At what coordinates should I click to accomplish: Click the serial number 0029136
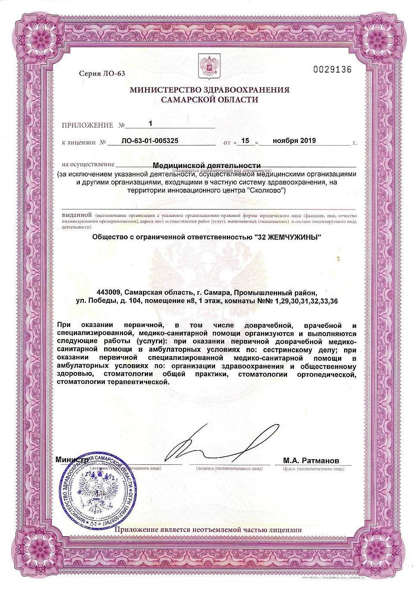pos(332,69)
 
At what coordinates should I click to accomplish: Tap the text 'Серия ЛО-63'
pos(102,73)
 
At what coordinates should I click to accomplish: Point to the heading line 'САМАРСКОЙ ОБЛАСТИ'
pos(209,100)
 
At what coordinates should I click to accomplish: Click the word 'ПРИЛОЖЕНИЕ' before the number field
pos(87,125)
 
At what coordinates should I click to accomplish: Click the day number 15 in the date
pos(245,140)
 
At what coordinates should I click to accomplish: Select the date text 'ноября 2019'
pos(294,140)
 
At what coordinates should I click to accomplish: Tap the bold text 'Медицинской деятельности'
pos(207,165)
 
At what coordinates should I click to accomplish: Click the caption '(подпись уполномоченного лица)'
pos(229,468)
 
